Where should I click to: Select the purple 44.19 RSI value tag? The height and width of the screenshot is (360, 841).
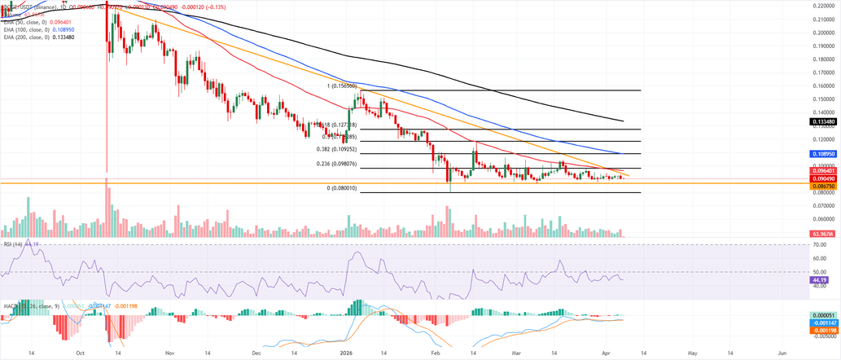coord(823,279)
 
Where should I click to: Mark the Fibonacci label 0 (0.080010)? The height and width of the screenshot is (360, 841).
coord(342,188)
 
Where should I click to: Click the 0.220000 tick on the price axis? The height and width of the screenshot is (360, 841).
coord(825,6)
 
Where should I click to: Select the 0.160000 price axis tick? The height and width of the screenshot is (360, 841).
coord(825,85)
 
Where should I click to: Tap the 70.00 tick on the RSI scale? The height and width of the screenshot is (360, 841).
coord(821,244)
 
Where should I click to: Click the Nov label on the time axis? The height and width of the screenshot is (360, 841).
coord(169,354)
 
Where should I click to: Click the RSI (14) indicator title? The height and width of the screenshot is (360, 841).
coord(12,244)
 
